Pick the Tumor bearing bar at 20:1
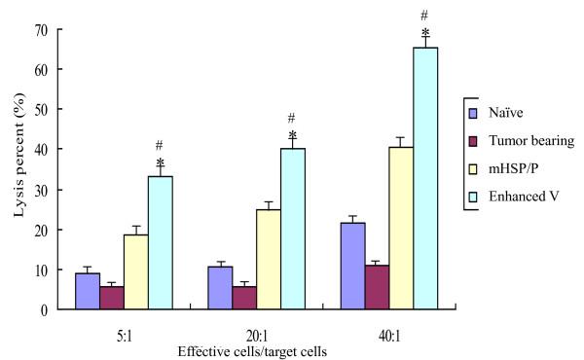click(x=243, y=298)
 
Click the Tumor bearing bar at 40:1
click(x=377, y=287)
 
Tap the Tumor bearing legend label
click(x=531, y=141)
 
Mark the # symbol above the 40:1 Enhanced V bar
click(x=424, y=15)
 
